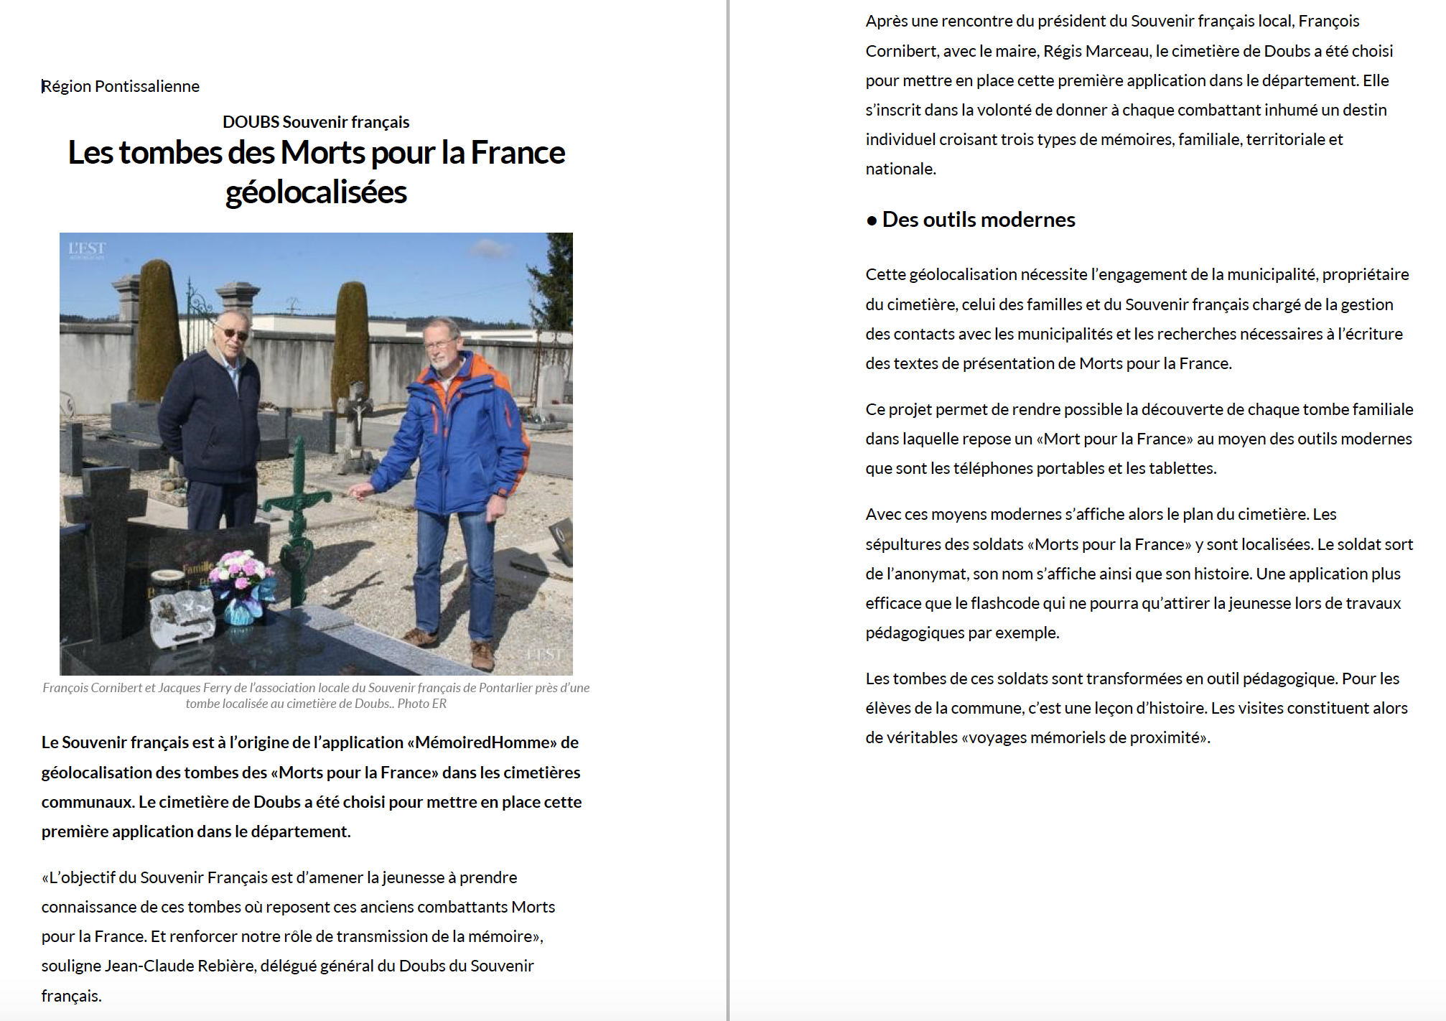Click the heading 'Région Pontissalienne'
coord(121,86)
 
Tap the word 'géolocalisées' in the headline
coord(316,192)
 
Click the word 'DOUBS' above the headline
coord(251,122)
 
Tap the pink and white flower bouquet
coord(244,574)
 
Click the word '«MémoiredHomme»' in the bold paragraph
coord(482,742)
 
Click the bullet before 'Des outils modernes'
coord(872,220)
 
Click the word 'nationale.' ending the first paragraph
coord(900,169)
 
